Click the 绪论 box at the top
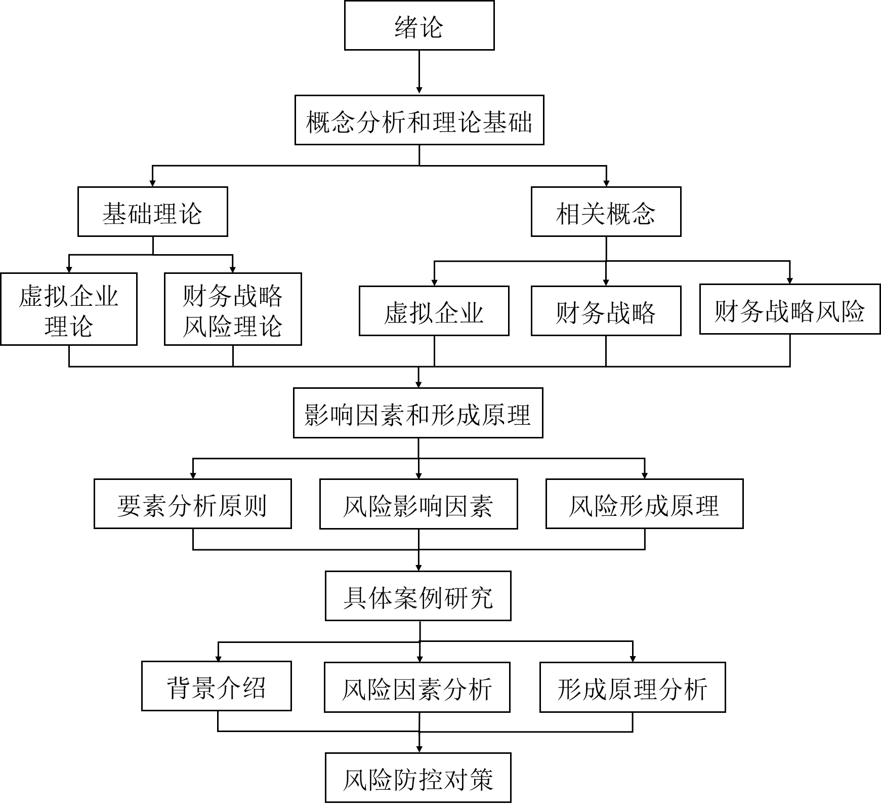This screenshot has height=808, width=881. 419,25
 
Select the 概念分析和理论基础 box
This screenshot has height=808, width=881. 419,120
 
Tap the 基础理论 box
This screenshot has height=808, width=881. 152,212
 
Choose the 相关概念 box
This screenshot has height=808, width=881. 606,212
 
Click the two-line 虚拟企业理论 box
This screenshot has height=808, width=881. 69,309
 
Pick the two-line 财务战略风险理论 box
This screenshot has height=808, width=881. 233,309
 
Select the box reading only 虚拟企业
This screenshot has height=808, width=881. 434,311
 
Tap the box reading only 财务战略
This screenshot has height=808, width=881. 606,311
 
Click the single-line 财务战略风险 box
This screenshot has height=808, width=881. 789,309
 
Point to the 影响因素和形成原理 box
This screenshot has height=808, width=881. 418,413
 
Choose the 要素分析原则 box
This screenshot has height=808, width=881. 192,504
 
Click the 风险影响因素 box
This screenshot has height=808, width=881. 418,504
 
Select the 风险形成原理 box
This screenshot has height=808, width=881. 644,504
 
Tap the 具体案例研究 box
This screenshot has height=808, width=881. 418,596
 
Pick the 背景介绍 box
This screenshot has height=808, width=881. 216,686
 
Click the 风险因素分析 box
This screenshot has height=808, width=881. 417,688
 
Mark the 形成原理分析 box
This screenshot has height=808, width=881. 633,688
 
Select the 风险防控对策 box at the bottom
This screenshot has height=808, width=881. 418,778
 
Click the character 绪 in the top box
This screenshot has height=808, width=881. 406,26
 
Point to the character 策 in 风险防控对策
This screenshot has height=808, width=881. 481,779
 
